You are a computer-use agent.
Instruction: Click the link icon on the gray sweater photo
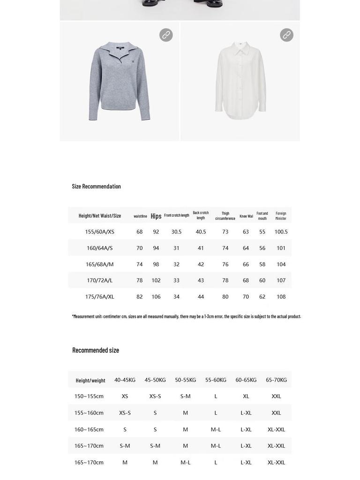[x=166, y=35]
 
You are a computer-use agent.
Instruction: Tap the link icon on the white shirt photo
[x=286, y=35]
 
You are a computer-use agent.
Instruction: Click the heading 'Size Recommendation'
[x=96, y=186]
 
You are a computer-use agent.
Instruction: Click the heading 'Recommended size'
[x=96, y=350]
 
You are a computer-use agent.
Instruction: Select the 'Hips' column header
[x=156, y=216]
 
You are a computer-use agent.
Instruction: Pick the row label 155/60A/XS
[x=99, y=232]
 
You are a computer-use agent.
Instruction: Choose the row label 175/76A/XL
[x=99, y=297]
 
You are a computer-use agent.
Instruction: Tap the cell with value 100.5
[x=281, y=232]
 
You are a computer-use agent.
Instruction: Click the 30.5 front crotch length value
[x=176, y=232]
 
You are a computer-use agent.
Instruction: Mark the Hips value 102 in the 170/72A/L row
[x=156, y=280]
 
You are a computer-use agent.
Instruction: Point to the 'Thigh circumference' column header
[x=225, y=216]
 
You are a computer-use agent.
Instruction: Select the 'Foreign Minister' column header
[x=281, y=216]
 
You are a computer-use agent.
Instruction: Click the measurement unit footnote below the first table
[x=186, y=316]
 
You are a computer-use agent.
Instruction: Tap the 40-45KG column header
[x=125, y=380]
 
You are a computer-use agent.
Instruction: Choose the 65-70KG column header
[x=276, y=380]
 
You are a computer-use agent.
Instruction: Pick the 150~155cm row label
[x=89, y=397]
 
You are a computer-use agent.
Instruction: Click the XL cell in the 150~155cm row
[x=246, y=397]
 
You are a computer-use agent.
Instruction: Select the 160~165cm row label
[x=89, y=429]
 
